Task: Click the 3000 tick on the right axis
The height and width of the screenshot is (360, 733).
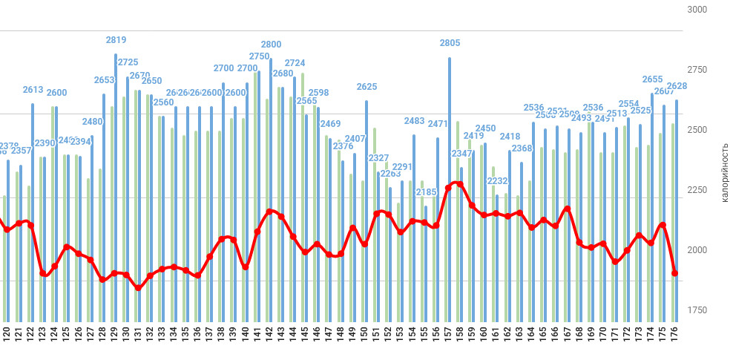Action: pos(697,10)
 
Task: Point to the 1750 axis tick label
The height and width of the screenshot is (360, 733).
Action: pos(697,310)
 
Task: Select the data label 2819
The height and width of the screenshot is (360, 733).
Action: pos(116,40)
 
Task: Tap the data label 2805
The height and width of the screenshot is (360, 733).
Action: pos(450,43)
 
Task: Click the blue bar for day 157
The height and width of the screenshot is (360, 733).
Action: pos(450,186)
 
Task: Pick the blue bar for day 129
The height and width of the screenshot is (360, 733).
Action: pos(116,186)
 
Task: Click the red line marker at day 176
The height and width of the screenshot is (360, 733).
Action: pos(675,273)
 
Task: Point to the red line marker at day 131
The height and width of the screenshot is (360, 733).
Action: pos(138,287)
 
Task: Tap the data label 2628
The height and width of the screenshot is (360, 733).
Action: pos(677,86)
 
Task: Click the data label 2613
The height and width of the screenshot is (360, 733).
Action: pos(33,89)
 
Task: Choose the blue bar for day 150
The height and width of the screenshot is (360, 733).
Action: pos(366,208)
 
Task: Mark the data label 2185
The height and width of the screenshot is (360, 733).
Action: pos(426,192)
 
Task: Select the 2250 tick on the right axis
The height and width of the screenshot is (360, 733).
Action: pos(697,190)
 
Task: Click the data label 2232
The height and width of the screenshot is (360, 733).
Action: pos(497,181)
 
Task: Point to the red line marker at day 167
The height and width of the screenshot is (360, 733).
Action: pos(568,209)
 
